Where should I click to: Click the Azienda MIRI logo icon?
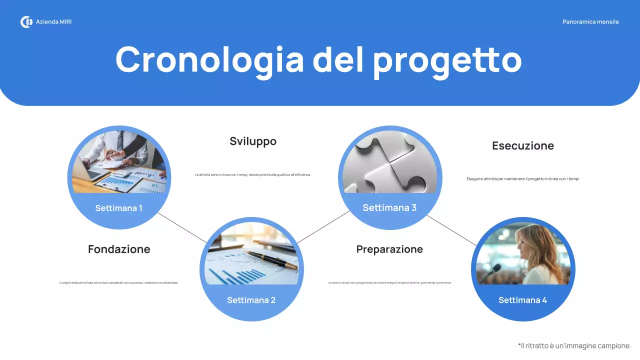tap(26, 22)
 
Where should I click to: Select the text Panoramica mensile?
tap(590, 22)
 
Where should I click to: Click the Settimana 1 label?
tap(119, 208)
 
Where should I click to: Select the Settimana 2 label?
tap(251, 300)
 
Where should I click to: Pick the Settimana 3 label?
tap(389, 207)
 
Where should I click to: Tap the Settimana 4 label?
tap(522, 300)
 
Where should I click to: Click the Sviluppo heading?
tap(253, 141)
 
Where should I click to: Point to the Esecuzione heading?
tap(523, 146)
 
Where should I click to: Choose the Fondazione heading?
tap(119, 249)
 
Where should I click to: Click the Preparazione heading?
tap(389, 249)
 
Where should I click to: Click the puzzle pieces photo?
tap(389, 162)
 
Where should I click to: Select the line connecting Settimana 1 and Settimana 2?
tap(182, 227)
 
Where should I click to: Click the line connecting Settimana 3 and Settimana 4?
tap(451, 230)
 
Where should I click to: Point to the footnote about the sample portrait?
tap(574, 346)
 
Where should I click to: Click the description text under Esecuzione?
tap(522, 179)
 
